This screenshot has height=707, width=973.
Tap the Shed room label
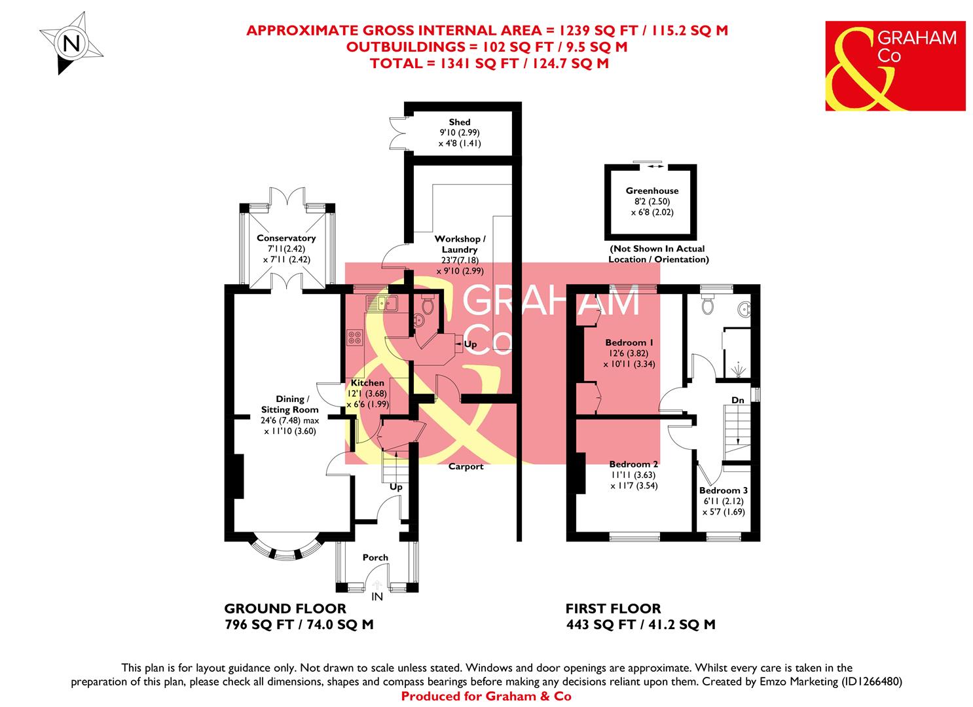click(x=459, y=122)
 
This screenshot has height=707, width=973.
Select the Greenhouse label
click(x=652, y=191)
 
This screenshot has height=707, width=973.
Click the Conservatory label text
click(x=286, y=238)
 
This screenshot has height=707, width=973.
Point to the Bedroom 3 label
click(x=723, y=490)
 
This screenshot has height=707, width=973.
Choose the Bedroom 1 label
click(x=629, y=343)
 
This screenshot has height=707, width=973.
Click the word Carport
click(x=466, y=467)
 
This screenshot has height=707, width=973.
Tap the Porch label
click(x=375, y=558)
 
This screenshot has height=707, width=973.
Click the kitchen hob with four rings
click(x=355, y=338)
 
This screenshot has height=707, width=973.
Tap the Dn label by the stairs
click(x=738, y=400)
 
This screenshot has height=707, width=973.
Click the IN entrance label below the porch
click(x=376, y=597)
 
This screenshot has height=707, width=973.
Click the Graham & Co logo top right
click(x=895, y=65)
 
